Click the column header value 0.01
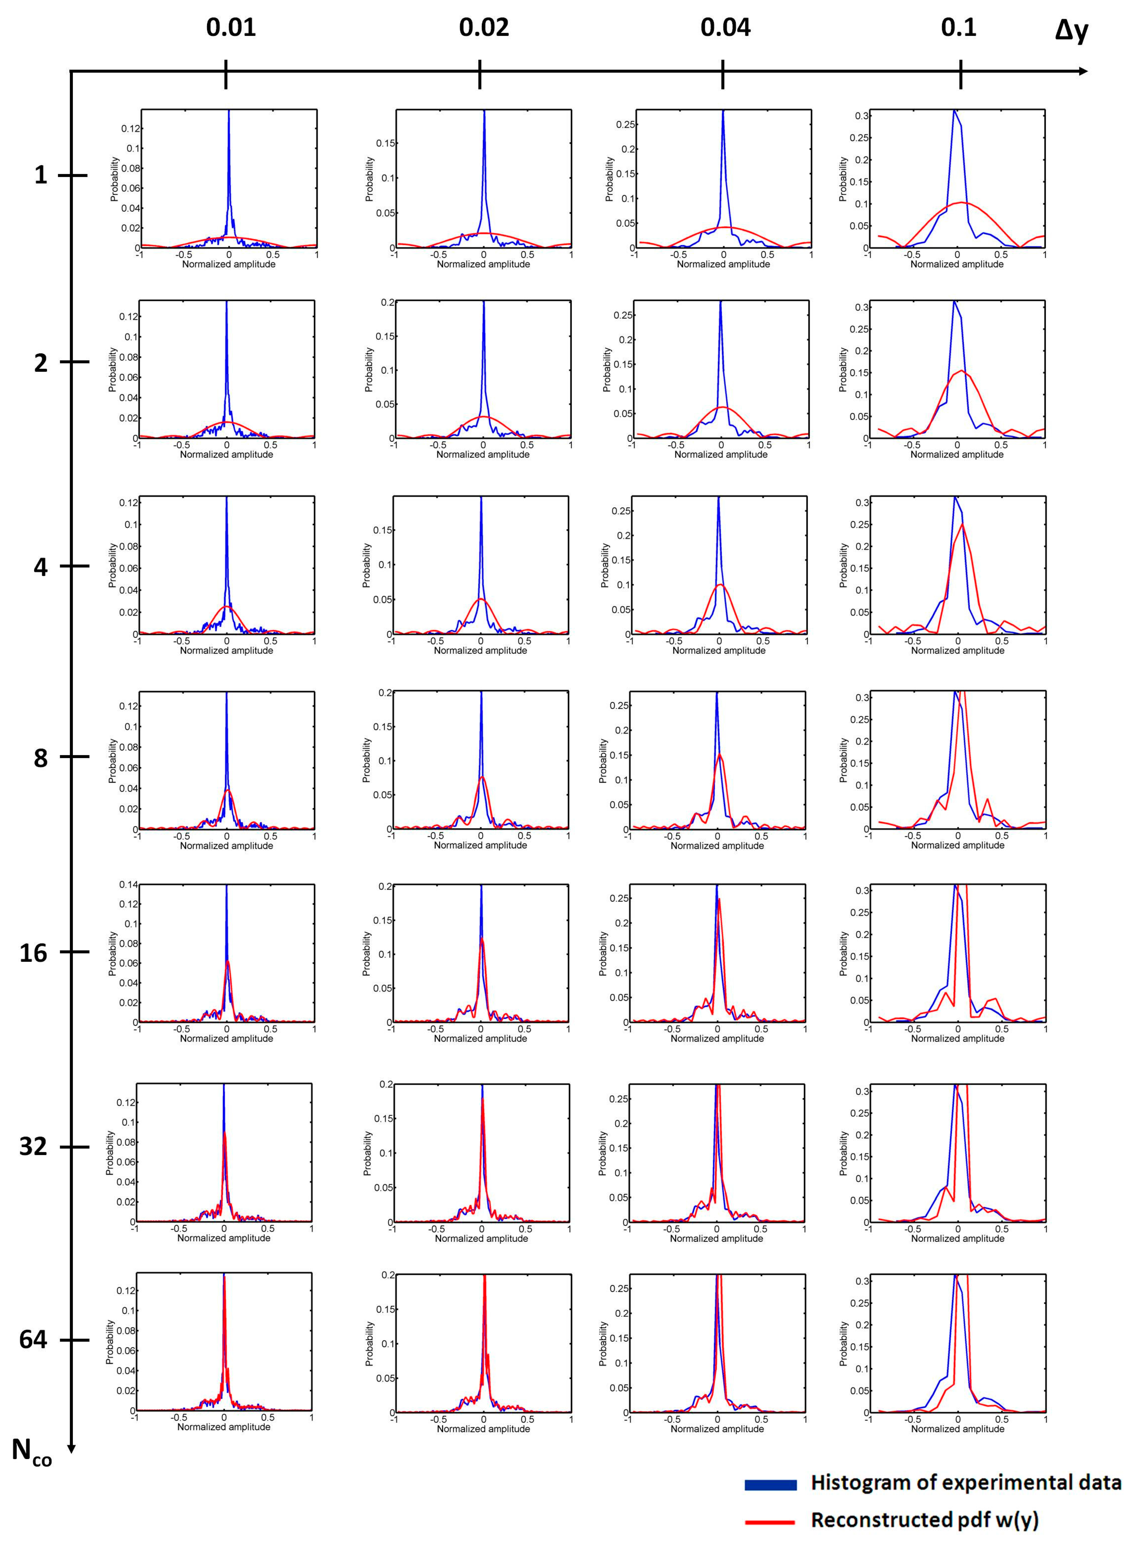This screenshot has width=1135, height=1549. pyautogui.click(x=231, y=28)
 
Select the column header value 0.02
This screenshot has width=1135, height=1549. pyautogui.click(x=484, y=28)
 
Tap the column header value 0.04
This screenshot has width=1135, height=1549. pyautogui.click(x=726, y=28)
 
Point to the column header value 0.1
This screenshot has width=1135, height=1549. pyautogui.click(x=958, y=28)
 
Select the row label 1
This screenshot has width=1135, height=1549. pyautogui.click(x=40, y=175)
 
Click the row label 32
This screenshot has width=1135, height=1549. pyautogui.click(x=33, y=1146)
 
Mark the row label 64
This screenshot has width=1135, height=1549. pyautogui.click(x=33, y=1339)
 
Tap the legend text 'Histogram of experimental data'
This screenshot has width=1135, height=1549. pyautogui.click(x=965, y=1482)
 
